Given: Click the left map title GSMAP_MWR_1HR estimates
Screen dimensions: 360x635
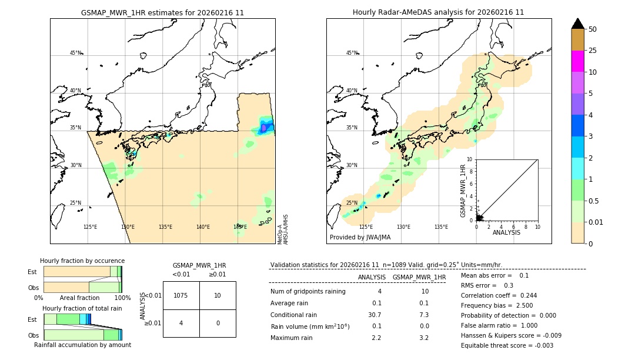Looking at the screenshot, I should [162, 12].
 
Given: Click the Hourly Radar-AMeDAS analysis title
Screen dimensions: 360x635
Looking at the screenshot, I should [438, 12].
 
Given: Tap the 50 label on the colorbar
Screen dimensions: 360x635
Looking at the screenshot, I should [593, 29].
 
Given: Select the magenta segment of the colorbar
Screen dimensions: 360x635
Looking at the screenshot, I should [578, 61].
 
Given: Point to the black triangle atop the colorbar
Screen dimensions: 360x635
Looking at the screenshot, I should [578, 24].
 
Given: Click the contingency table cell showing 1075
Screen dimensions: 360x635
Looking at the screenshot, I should [181, 295].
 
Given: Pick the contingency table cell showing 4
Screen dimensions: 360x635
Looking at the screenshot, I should [181, 323].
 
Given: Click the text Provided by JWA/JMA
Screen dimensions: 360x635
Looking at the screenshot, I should [360, 237].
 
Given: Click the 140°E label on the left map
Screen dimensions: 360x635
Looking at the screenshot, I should [203, 226].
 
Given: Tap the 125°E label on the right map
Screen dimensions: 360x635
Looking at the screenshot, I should [366, 226].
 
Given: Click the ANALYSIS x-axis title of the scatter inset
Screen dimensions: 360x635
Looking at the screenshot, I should [506, 232].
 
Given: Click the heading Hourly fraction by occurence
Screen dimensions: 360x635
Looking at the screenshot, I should [82, 261].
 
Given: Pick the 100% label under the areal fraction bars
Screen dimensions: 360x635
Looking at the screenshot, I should [122, 298].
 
